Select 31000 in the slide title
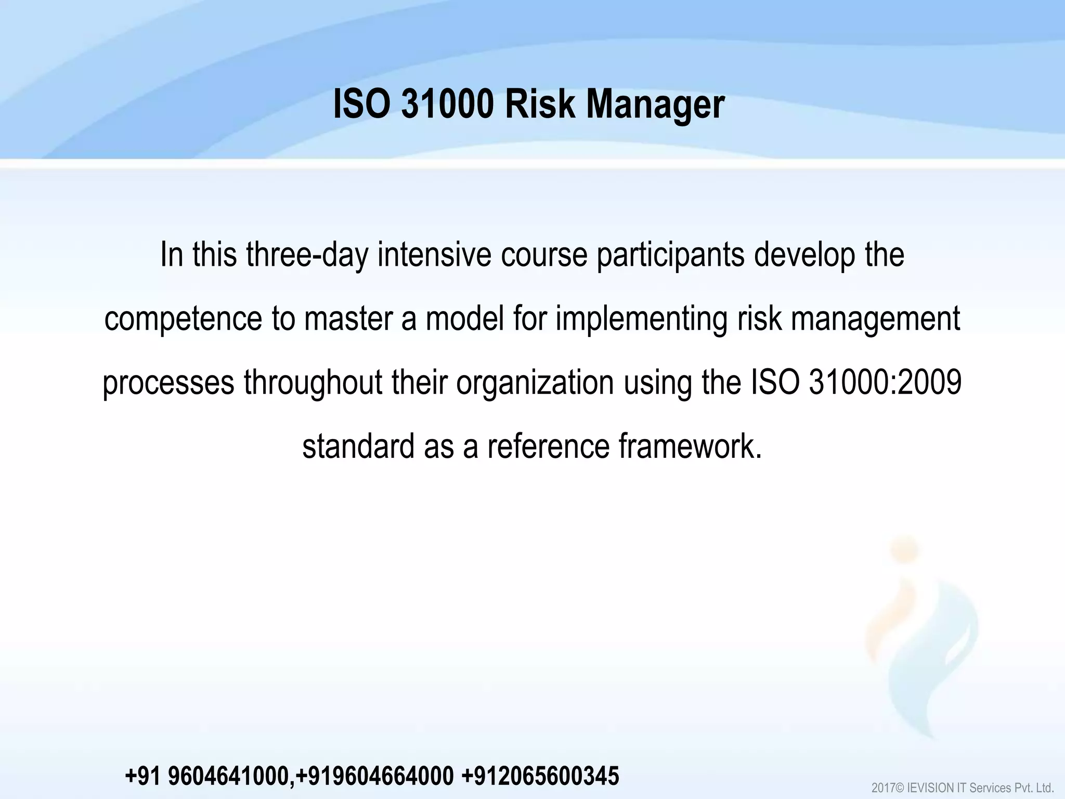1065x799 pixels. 448,105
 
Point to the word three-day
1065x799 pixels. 307,256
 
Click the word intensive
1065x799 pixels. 434,255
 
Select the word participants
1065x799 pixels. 670,256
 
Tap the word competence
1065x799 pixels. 183,319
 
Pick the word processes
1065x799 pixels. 168,383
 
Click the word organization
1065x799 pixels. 535,383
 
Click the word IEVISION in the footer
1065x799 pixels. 936,788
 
